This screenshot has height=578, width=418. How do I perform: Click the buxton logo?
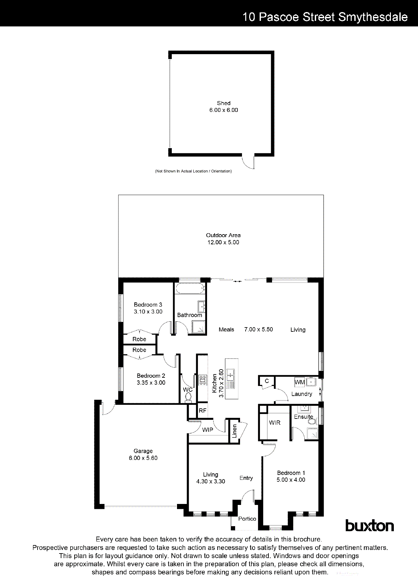pos(369,526)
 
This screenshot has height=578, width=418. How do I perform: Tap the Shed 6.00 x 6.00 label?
pos(224,107)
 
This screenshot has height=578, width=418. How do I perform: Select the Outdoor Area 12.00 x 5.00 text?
pos(223,239)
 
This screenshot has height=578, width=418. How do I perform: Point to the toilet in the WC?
pos(188,397)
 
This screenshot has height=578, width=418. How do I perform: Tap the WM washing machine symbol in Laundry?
pos(299,382)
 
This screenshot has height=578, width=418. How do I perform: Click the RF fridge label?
pos(202,411)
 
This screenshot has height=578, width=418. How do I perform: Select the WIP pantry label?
pos(208,430)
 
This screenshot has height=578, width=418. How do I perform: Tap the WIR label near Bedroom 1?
pos(275,422)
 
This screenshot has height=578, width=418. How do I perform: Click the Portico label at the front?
pos(247,519)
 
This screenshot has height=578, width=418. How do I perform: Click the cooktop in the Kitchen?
pos(203,380)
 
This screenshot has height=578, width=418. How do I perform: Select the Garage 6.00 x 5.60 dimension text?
pos(143,458)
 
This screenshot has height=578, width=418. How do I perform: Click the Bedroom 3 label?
pos(148,305)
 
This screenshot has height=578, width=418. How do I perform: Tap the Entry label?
pos(246,478)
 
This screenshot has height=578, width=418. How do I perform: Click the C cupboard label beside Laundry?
pos(267,381)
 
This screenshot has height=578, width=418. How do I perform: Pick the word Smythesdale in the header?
pos(373,17)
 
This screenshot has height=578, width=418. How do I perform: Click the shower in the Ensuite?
pos(312,433)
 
